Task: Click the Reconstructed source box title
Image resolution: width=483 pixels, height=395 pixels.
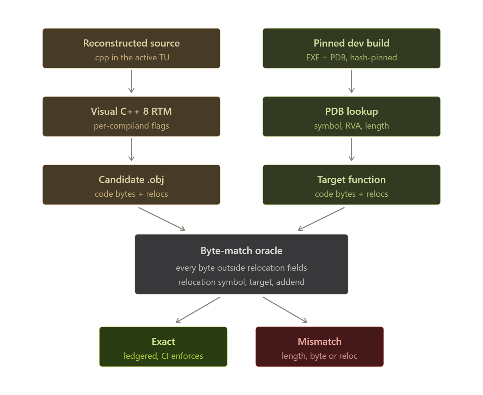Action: click(x=131, y=43)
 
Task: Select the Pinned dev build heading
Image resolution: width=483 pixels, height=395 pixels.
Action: click(x=351, y=43)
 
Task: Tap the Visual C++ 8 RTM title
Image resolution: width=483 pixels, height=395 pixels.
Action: click(x=131, y=111)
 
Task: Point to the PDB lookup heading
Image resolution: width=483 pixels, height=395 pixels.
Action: click(x=351, y=112)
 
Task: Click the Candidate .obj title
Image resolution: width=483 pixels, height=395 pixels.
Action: click(x=131, y=180)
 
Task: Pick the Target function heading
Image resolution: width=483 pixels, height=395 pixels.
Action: click(x=351, y=180)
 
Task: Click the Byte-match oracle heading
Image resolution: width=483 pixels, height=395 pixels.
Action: click(x=241, y=251)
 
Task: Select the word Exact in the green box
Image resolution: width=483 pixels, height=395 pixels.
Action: click(x=163, y=342)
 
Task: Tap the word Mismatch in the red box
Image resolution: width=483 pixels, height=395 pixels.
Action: click(x=320, y=342)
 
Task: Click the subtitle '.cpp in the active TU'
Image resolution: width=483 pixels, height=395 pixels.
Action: click(x=131, y=58)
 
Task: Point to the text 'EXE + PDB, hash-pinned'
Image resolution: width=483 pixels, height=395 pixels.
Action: click(x=351, y=58)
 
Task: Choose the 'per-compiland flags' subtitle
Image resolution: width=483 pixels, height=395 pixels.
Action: click(x=131, y=126)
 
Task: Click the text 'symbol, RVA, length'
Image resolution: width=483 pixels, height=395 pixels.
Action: click(x=351, y=126)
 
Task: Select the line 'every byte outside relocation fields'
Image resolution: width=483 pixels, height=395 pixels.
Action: click(x=241, y=268)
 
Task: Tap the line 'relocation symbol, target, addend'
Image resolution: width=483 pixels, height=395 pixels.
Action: click(x=241, y=282)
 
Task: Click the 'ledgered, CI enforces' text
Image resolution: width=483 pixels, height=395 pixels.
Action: click(x=163, y=356)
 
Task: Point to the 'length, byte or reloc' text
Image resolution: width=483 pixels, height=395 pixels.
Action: click(x=320, y=356)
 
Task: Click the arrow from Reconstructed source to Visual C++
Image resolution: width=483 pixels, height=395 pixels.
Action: click(x=131, y=81)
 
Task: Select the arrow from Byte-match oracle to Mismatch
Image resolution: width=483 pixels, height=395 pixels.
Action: click(x=285, y=310)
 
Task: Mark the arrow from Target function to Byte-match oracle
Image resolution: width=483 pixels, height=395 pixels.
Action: click(x=321, y=219)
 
